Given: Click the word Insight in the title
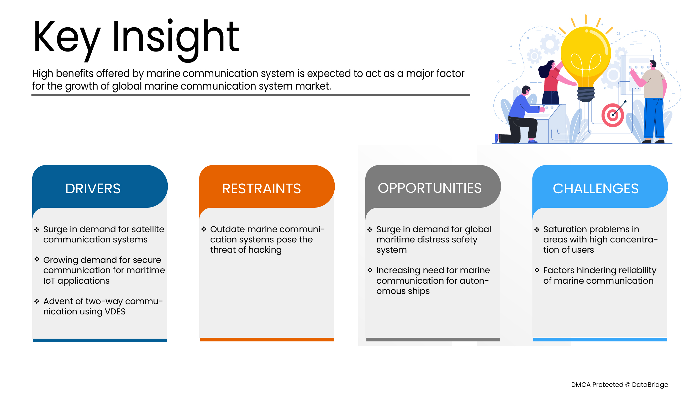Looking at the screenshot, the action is point(176,38).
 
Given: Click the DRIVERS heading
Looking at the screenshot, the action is point(93,189).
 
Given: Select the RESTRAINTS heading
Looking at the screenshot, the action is point(261,189).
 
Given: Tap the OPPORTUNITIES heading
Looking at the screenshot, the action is point(430,188).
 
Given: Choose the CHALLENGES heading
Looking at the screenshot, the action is point(596,189).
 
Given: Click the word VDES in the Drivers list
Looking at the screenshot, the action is point(115,312).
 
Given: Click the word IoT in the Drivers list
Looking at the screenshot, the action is point(49,281).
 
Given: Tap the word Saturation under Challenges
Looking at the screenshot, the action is point(564,229).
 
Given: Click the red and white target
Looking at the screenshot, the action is point(613,115).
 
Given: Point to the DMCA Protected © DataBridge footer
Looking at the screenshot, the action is point(620,385).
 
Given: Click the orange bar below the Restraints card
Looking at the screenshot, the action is point(267,340).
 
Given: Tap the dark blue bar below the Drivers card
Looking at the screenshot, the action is point(100,340).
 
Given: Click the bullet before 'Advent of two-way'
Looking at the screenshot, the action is point(37,301).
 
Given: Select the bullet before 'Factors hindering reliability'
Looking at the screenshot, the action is point(537,270).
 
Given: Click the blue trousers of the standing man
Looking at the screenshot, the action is point(654,118).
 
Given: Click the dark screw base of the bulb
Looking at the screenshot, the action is point(586,94).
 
